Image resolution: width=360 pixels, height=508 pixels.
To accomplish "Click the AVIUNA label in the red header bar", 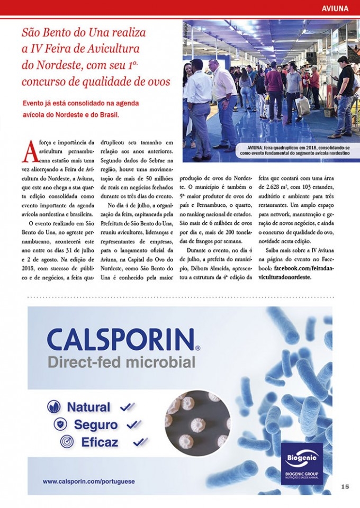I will tap(335, 8).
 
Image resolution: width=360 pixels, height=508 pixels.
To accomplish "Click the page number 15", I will tap(345, 486).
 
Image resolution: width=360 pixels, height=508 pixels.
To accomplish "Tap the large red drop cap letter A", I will tap(29, 152).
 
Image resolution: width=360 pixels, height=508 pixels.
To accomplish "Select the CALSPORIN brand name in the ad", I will tap(120, 339).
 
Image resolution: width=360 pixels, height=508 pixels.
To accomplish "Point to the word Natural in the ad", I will tap(88, 407).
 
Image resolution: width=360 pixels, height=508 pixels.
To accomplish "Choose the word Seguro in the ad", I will tap(96, 424).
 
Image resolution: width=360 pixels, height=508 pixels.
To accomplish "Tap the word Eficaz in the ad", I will tap(100, 442).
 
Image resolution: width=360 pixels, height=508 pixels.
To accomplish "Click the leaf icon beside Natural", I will tap(54, 407).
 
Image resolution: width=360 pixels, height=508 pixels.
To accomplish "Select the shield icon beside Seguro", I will tap(61, 424).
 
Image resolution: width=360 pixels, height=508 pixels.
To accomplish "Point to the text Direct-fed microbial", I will tap(121, 362).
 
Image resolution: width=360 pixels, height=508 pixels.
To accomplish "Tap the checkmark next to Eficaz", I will tap(140, 441).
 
